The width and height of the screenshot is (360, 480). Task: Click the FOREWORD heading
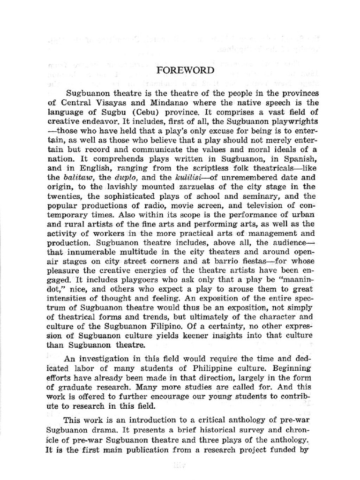pyautogui.click(x=185, y=70)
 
